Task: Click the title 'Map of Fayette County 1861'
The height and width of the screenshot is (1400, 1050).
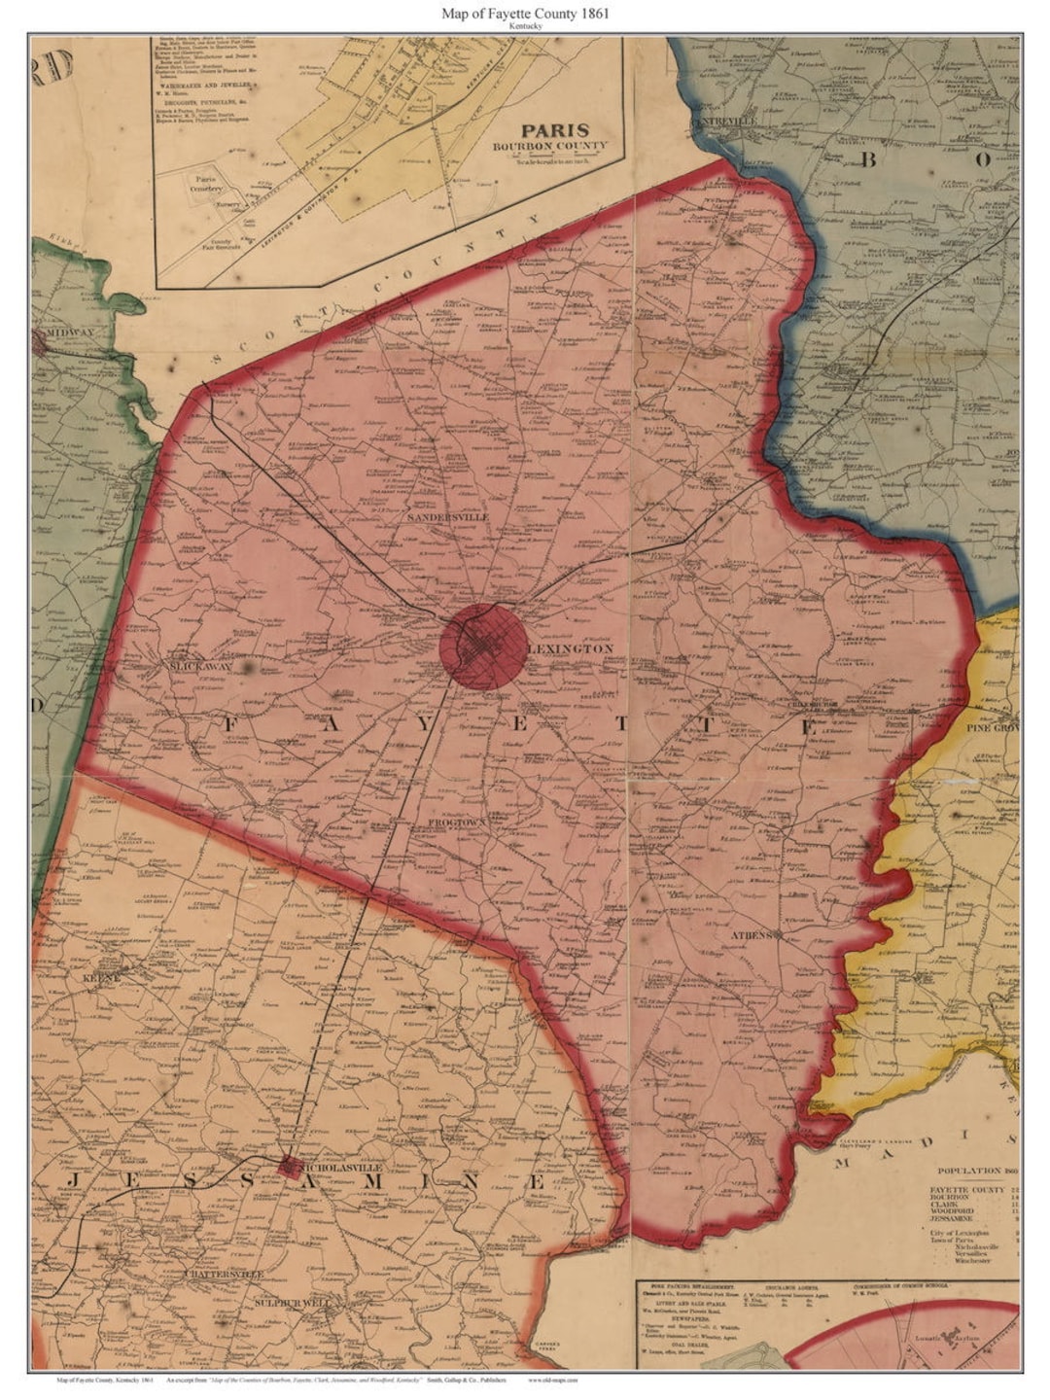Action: (525, 14)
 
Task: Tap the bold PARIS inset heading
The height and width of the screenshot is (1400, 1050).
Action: (555, 130)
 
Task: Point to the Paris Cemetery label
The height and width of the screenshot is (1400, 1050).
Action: (205, 184)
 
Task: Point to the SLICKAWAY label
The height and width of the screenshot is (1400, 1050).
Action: (200, 668)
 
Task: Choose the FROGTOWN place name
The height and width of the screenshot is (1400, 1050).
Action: (456, 822)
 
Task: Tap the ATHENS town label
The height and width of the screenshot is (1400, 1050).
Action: (750, 934)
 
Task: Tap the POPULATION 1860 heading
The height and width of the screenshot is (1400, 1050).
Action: (976, 1172)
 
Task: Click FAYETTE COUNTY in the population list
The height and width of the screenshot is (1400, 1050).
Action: (966, 1190)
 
